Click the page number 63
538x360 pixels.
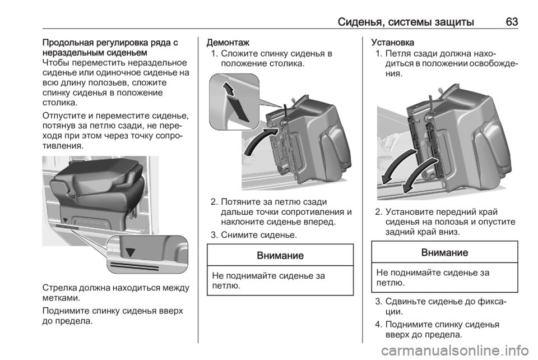tap(512, 22)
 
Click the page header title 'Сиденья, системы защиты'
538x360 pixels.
tap(406, 22)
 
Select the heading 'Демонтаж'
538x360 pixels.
tap(228, 43)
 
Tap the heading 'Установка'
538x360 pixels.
tap(392, 43)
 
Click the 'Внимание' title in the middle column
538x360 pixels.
tap(280, 255)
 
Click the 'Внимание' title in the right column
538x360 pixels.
tap(444, 252)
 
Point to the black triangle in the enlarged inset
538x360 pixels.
tap(131, 252)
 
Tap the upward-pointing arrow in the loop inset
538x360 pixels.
tap(229, 89)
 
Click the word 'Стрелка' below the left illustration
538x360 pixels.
tap(59, 287)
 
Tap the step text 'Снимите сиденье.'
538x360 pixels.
tap(259, 235)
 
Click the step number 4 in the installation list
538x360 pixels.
tap(378, 324)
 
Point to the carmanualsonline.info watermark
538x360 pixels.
tap(455, 350)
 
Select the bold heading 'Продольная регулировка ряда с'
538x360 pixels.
tap(110, 43)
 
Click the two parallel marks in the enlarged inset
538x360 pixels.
tap(133, 266)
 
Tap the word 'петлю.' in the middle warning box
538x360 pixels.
tap(226, 286)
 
